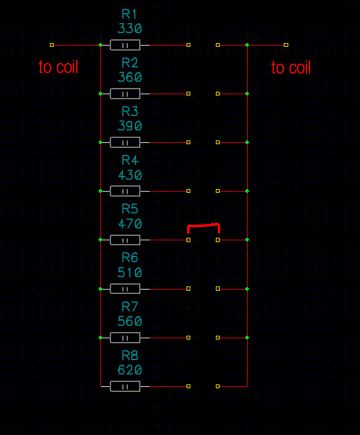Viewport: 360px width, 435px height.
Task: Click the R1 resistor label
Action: click(129, 14)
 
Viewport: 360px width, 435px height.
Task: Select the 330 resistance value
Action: click(130, 29)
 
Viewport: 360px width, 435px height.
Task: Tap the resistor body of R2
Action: click(125, 94)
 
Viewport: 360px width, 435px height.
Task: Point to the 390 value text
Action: click(130, 126)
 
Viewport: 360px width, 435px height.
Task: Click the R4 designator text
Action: click(130, 160)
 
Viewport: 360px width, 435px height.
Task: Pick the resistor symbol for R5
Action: click(125, 240)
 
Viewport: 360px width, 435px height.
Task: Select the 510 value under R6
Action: click(130, 273)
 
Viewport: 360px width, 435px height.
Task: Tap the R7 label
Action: click(130, 307)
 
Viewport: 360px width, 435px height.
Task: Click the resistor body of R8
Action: click(125, 386)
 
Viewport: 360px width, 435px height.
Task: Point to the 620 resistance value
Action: click(130, 370)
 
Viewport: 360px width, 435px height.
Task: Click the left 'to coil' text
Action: click(58, 67)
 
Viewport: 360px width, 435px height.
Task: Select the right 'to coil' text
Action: click(291, 67)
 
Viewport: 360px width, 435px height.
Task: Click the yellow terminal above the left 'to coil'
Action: click(52, 45)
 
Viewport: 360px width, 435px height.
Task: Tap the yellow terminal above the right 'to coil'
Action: click(286, 45)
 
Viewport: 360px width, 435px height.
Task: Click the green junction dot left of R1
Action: click(100, 45)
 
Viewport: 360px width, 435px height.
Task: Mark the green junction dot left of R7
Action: click(100, 338)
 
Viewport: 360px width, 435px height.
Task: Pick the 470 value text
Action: click(130, 223)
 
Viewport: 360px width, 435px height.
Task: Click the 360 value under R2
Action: click(130, 77)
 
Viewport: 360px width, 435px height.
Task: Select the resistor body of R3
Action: click(125, 142)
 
